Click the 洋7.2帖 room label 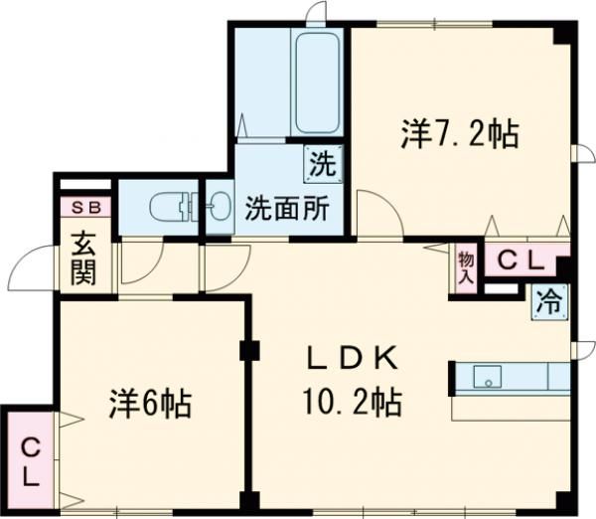460,133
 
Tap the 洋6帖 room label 150,405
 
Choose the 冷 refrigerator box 549,299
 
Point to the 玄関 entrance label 83,258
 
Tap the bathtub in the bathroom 317,82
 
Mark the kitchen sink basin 488,377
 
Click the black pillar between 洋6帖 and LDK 248,351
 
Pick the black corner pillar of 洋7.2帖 565,32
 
